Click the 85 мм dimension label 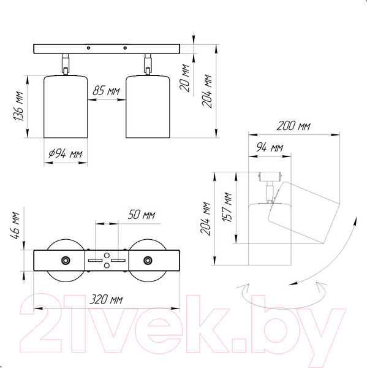[106, 91]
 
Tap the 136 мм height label [18, 106]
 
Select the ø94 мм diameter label [66, 154]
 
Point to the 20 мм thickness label [184, 77]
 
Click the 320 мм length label [106, 299]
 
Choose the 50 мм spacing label [142, 215]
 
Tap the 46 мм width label [15, 226]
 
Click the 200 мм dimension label [293, 126]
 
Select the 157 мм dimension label [227, 207]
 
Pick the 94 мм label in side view [270, 148]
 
